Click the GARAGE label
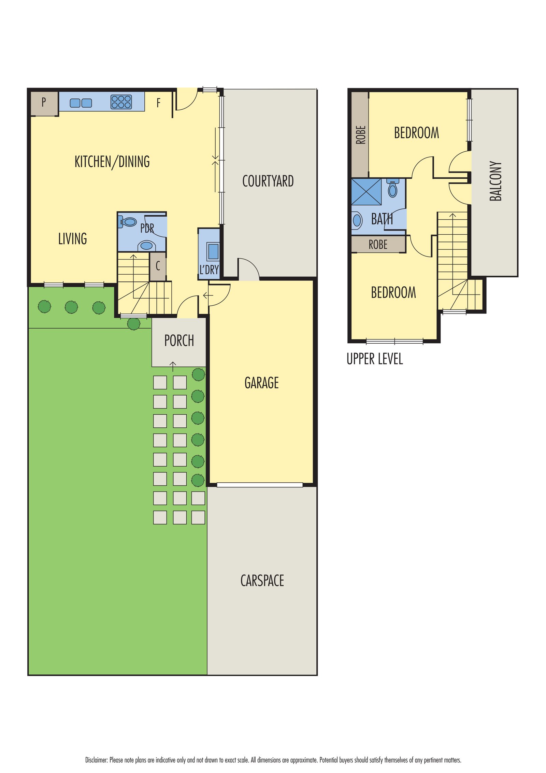coord(261,383)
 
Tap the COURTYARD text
coord(268,181)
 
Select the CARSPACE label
coord(262,580)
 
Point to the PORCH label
coord(179,341)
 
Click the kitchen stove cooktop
coord(121,102)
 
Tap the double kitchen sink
coord(81,103)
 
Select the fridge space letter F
coord(158,103)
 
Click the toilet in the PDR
coord(128,222)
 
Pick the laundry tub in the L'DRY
coord(213,251)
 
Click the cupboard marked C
coord(158,266)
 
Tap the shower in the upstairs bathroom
coord(366,192)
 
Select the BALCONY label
coord(495,181)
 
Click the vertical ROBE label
coord(361,135)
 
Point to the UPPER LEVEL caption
coord(375,359)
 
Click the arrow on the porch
coord(173,367)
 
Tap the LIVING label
coord(72,239)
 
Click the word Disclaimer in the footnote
coord(97,760)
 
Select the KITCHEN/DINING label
coord(112,162)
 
